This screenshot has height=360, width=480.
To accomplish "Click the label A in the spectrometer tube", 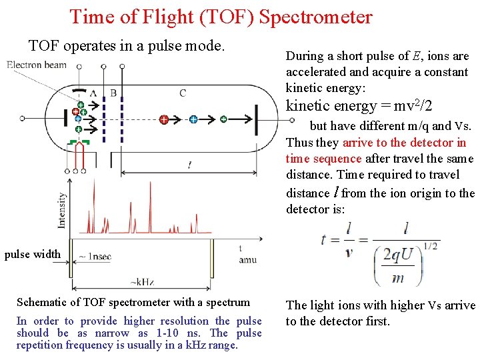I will click(93, 93).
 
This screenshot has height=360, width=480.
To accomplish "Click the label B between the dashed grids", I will click(113, 93).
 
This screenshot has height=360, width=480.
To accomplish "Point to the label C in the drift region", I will click(183, 93).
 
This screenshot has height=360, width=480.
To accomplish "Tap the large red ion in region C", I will click(163, 119).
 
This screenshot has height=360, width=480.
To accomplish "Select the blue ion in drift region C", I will click(193, 119).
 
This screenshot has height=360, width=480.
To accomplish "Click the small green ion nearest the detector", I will click(223, 119).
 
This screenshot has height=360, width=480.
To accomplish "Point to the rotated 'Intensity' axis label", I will click(62, 210).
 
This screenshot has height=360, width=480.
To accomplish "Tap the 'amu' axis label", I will click(247, 259).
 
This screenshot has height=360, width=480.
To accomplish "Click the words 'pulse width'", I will click(32, 254).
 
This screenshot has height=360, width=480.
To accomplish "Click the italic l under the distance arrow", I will click(190, 164).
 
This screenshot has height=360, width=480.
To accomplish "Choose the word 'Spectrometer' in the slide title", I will click(315, 17).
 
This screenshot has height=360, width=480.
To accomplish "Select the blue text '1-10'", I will click(168, 333).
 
